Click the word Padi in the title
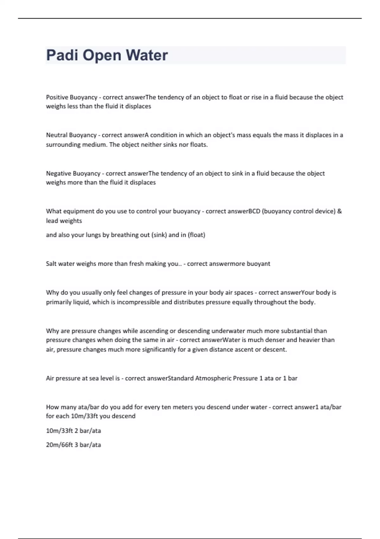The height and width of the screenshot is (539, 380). [x=62, y=55]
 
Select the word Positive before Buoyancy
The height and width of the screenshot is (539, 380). [x=57, y=97]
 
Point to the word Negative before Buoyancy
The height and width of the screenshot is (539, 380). [x=59, y=173]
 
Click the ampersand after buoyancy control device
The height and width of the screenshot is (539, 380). [x=339, y=211]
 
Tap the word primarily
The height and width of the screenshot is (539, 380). [x=59, y=302]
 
